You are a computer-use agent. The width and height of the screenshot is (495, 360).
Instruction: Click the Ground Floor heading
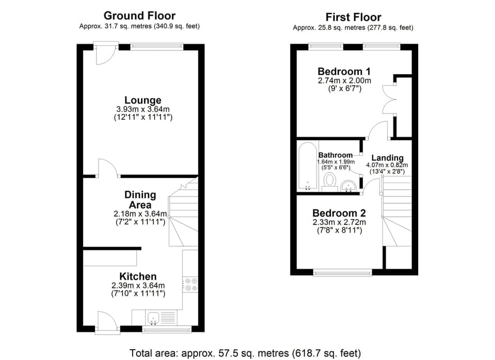139,15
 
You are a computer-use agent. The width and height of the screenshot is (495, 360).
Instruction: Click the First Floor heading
353,17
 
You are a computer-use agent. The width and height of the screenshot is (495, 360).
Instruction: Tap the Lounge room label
143,100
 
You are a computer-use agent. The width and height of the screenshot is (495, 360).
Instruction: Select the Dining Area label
140,200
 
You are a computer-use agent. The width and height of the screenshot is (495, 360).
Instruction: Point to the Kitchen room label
138,276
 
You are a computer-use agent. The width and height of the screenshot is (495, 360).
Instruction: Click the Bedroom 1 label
344,71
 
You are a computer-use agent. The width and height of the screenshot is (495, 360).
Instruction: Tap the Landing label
387,158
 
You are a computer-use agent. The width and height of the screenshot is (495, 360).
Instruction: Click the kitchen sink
154,317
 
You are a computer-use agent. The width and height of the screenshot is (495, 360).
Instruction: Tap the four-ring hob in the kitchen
190,284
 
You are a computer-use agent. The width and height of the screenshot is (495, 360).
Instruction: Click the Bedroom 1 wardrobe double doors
388,98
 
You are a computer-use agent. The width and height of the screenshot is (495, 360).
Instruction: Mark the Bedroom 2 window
343,272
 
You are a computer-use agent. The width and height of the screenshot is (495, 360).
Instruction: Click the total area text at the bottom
244,353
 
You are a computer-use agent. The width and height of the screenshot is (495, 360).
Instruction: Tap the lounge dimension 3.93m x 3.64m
143,109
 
